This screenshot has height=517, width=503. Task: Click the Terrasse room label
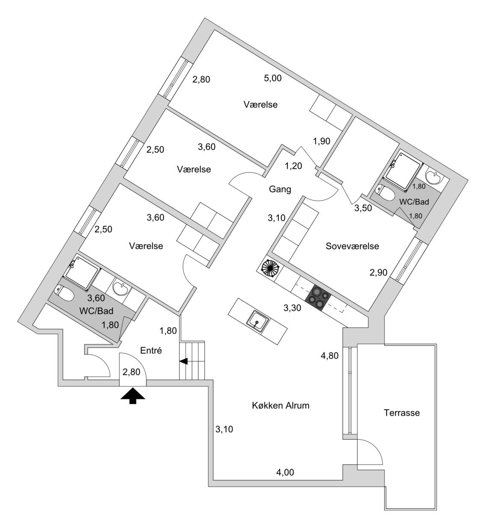[402, 413]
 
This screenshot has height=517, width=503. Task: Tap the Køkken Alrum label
[280, 405]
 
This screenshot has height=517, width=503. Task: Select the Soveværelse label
[352, 246]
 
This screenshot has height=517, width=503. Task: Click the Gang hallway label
[280, 189]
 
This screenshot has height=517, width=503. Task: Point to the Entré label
[151, 351]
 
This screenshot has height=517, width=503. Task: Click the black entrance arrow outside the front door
[133, 396]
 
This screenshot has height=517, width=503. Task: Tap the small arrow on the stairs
[183, 362]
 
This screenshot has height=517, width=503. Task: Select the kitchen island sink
[258, 320]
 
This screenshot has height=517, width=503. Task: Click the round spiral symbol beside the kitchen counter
[270, 269]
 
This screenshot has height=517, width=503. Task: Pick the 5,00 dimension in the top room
[273, 78]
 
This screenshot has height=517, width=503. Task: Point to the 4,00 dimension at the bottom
[285, 473]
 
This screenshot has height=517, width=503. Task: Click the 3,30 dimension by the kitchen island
[293, 307]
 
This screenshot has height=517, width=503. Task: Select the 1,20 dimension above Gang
[294, 165]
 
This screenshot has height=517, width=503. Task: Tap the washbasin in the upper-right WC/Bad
[435, 177]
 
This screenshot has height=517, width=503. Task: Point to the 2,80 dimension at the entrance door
[131, 372]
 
